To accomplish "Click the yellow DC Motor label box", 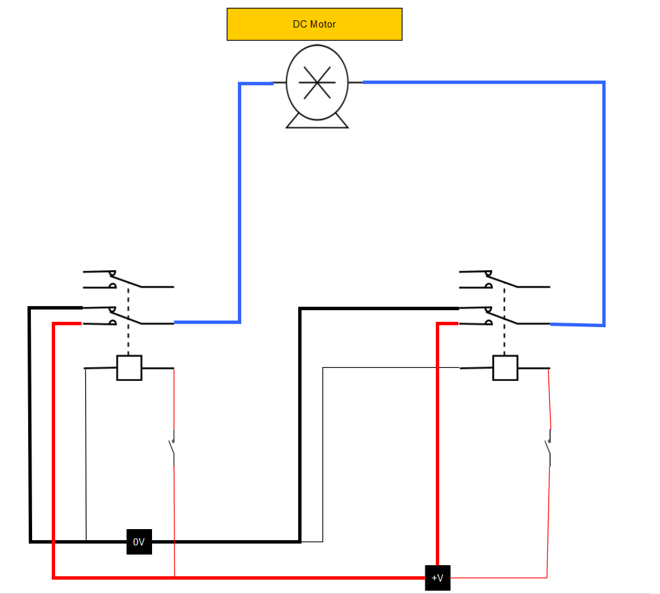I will pyautogui.click(x=314, y=24).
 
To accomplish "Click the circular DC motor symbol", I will pyautogui.click(x=317, y=82).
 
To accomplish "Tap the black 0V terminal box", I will pyautogui.click(x=139, y=542).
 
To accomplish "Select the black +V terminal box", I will pyautogui.click(x=437, y=578).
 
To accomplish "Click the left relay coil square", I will pyautogui.click(x=129, y=368).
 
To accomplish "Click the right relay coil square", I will pyautogui.click(x=505, y=368).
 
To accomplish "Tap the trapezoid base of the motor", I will pyautogui.click(x=317, y=121).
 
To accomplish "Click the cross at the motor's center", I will pyautogui.click(x=317, y=82).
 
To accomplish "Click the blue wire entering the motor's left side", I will pyautogui.click(x=256, y=83).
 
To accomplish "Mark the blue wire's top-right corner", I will pyautogui.click(x=604, y=83).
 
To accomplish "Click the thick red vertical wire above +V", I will pyautogui.click(x=437, y=446).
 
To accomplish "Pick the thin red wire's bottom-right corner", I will pyautogui.click(x=547, y=577).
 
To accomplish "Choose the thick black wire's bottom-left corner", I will pyautogui.click(x=30, y=541).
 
